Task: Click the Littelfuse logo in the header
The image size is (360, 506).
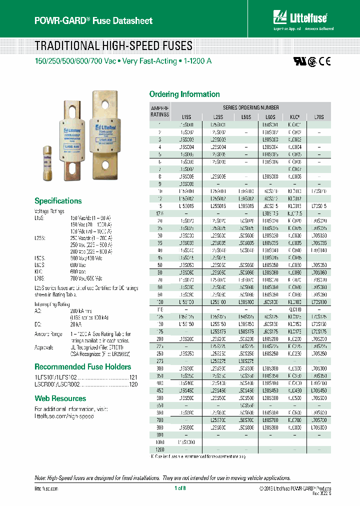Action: pyautogui.click(x=299, y=18)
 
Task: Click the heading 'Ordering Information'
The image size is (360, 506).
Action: pyautogui.click(x=184, y=94)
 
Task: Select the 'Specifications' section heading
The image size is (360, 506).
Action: pyautogui.click(x=58, y=200)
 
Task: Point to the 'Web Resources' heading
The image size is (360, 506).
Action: pyautogui.click(x=60, y=398)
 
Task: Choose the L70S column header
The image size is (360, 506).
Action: pyautogui.click(x=318, y=116)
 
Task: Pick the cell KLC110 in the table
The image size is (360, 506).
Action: pyautogui.click(x=295, y=310)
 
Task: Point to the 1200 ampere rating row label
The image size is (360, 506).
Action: pyautogui.click(x=159, y=449)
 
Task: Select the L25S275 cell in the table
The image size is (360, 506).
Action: pyautogui.click(x=218, y=360)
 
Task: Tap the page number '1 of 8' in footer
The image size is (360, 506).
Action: pyautogui.click(x=180, y=488)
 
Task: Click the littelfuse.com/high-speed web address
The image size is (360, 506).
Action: pyautogui.click(x=64, y=416)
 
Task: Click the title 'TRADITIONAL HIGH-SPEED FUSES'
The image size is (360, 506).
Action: pyautogui.click(x=113, y=46)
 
